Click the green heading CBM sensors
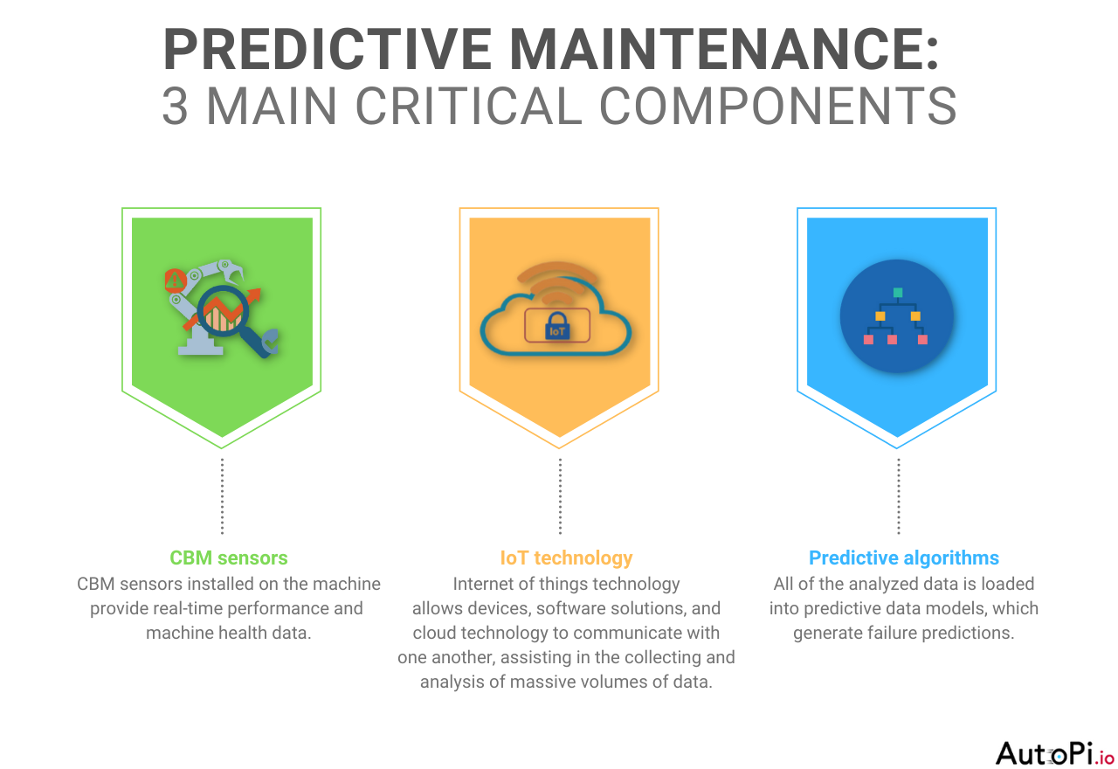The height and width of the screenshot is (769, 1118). pos(228,558)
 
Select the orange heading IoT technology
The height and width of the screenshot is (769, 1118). pos(566,558)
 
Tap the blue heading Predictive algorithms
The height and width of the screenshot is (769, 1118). pos(903,558)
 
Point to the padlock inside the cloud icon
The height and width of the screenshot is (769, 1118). pos(557,328)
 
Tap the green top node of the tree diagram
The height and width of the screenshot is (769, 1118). pos(897,292)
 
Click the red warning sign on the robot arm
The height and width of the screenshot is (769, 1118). pos(175,280)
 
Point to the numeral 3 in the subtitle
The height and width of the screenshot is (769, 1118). pos(175,107)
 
